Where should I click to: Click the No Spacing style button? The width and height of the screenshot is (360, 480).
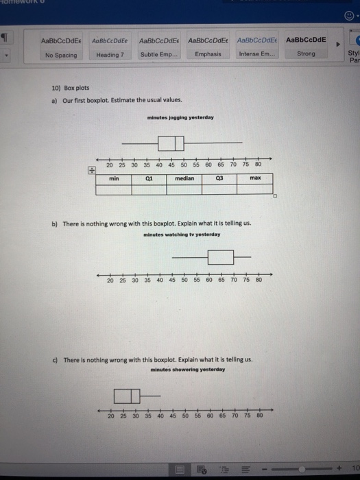click(x=62, y=47)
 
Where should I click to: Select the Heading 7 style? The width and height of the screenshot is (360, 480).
click(x=110, y=47)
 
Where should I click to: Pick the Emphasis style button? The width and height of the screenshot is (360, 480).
click(x=207, y=47)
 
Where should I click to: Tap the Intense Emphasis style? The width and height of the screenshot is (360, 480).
click(x=256, y=47)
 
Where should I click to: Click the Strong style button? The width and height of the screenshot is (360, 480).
click(x=306, y=47)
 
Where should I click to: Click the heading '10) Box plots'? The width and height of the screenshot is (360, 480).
click(x=71, y=88)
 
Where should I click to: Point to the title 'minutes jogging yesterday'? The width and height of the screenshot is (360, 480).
click(x=180, y=117)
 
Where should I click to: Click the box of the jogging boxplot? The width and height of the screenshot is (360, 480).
click(x=171, y=143)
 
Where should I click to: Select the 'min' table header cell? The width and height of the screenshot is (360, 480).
click(x=114, y=178)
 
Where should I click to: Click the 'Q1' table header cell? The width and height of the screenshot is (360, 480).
click(x=149, y=178)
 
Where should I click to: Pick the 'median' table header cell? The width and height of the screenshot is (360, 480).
click(x=184, y=178)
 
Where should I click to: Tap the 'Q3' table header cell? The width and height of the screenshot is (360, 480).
click(x=219, y=178)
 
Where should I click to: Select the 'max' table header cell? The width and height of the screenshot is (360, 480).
click(x=255, y=178)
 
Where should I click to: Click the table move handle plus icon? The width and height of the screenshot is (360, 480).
click(x=91, y=171)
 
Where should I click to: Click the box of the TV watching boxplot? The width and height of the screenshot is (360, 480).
click(x=221, y=257)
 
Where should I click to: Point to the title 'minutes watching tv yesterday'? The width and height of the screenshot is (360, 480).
click(x=182, y=235)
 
